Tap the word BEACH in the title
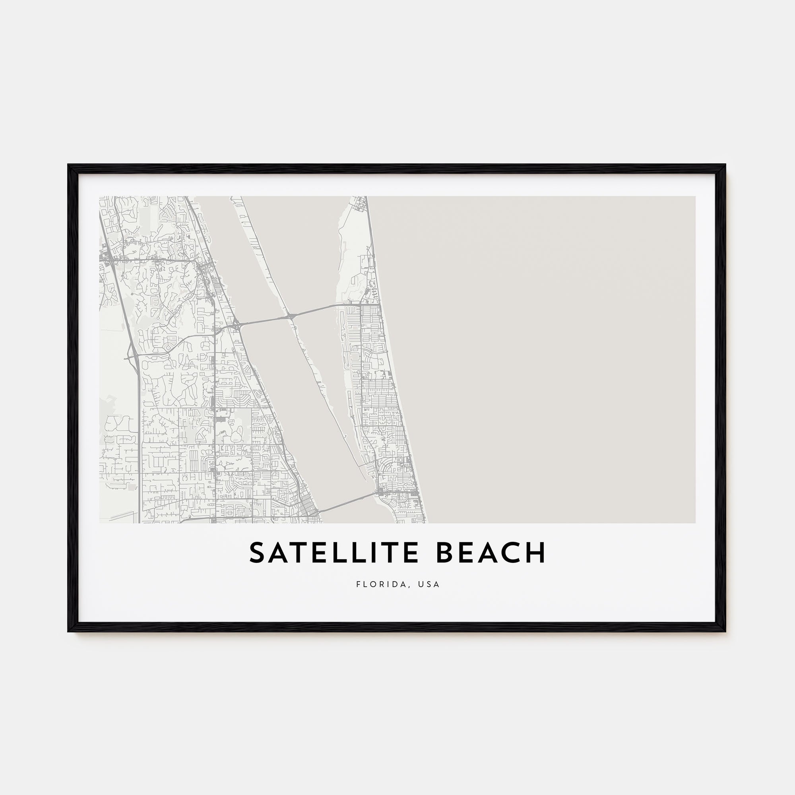491,553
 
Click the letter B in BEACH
446,553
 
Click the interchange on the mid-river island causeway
291,316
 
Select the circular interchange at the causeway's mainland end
236,325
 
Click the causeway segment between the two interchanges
264,320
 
